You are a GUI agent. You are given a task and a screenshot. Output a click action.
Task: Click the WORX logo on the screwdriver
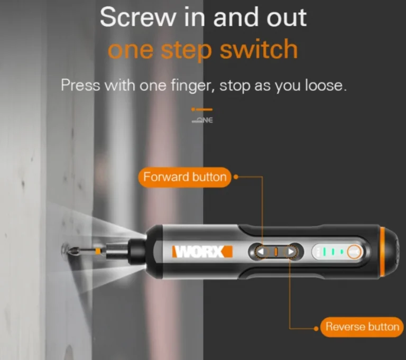pos(202,252)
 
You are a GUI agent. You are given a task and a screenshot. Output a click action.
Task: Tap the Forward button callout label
pos(184,177)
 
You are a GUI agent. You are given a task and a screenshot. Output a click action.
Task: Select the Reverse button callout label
pos(362,327)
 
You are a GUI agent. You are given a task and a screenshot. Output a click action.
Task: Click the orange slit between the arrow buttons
pos(276,252)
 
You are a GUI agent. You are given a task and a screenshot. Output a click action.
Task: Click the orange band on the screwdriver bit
pos(98,251)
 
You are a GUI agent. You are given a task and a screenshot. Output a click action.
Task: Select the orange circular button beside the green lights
pos(354,252)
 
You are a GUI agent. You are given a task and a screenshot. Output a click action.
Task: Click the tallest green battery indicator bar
pos(324,252)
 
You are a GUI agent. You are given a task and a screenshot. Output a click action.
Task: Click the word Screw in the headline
pos(137,17)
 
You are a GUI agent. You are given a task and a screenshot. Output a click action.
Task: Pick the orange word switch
pos(259,50)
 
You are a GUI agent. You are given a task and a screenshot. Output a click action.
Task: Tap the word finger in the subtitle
pos(193,86)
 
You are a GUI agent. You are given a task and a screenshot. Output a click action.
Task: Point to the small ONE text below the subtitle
pos(202,120)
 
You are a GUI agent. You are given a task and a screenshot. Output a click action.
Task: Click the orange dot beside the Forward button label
pos(236,177)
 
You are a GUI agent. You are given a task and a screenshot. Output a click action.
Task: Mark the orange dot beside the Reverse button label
pos(316,328)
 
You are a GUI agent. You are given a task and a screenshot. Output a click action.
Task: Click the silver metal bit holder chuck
pos(116,251)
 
